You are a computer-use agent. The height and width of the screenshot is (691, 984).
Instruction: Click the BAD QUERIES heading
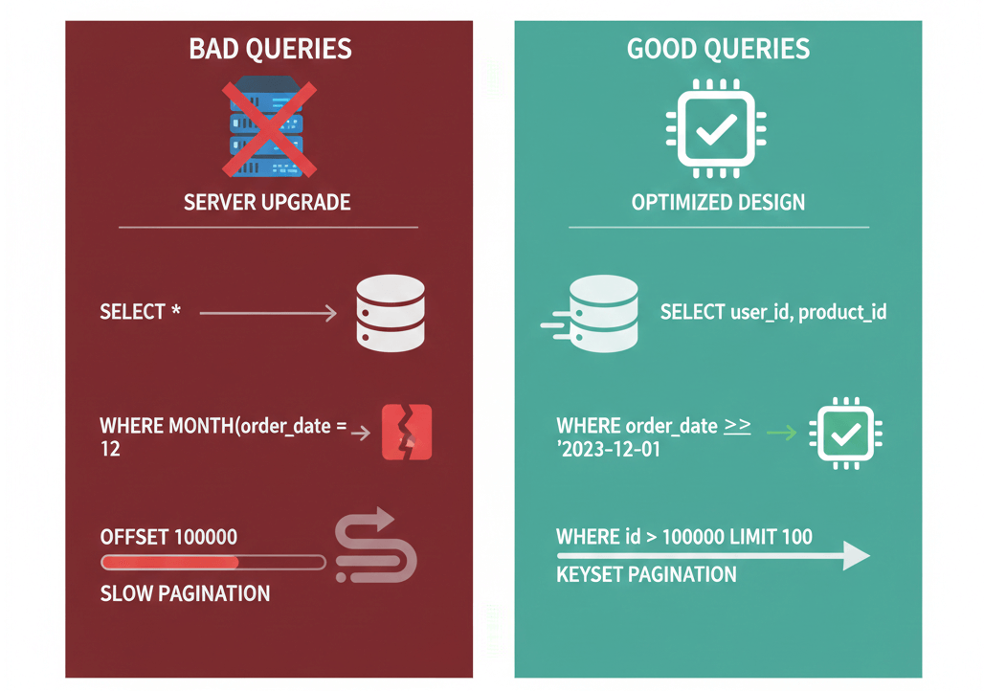[x=269, y=49]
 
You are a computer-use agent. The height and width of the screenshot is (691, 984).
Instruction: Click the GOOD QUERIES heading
[x=718, y=49]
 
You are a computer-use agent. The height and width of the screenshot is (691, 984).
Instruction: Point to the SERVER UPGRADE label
[x=268, y=202]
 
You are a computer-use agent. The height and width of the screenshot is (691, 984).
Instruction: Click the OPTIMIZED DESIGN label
[x=718, y=202]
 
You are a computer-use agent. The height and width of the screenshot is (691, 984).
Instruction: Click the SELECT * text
[x=140, y=312]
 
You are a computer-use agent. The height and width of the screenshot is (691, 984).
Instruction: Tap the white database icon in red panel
[x=390, y=313]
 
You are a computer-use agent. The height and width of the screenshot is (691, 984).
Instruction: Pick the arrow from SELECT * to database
[x=268, y=313]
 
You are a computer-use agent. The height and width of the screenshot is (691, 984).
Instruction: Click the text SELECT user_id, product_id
[x=773, y=312]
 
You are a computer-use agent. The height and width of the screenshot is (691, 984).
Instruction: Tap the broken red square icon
[x=407, y=433]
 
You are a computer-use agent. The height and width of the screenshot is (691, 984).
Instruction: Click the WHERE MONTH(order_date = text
[x=222, y=425]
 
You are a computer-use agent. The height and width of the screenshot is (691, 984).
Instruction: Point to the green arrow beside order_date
[x=781, y=433]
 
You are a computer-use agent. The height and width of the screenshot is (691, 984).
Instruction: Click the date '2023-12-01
[x=609, y=449]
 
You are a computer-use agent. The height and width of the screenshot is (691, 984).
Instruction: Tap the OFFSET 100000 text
[x=168, y=536]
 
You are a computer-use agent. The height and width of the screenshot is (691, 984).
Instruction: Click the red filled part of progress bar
[x=168, y=563]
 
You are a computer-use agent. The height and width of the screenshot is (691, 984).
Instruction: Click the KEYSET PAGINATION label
[x=646, y=574]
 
